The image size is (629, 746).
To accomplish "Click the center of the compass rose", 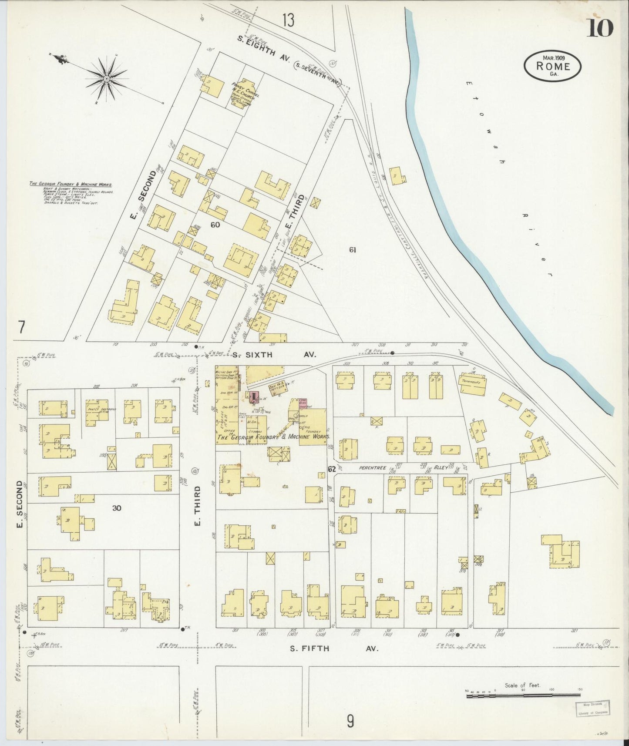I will (x=106, y=79).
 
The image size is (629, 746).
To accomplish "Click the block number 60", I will (x=215, y=225).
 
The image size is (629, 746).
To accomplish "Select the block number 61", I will (x=353, y=250).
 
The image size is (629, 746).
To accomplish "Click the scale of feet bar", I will (x=522, y=696).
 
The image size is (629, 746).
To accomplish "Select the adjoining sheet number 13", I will (x=288, y=20).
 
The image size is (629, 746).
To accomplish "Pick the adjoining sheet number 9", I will (x=350, y=722).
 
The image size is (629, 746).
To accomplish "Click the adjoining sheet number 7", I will (x=20, y=327).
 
